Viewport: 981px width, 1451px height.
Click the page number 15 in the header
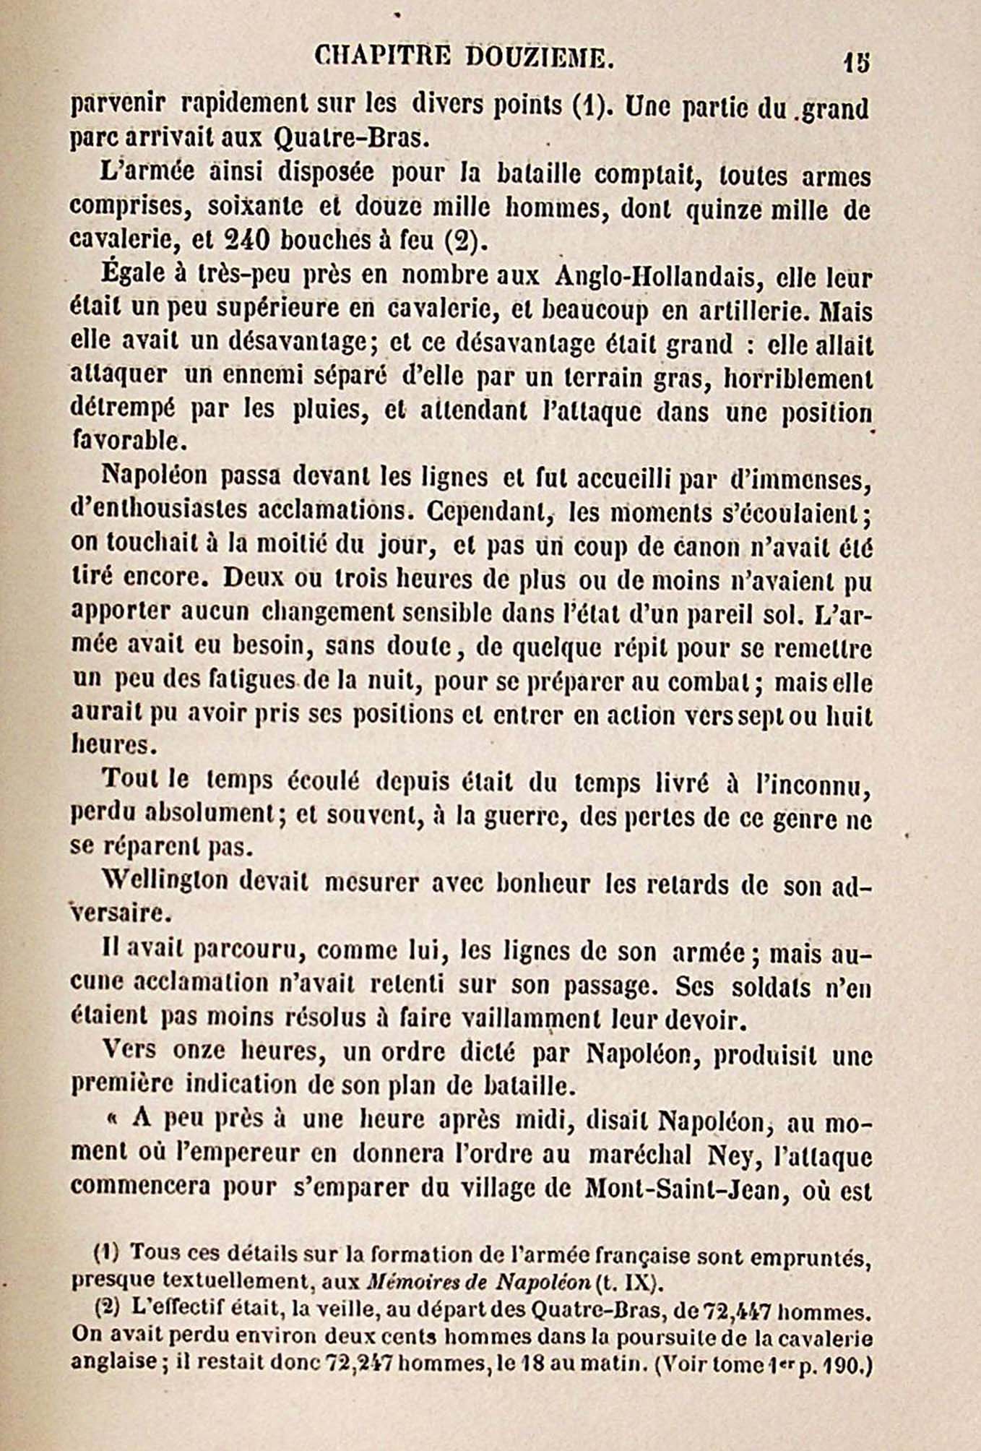point(857,62)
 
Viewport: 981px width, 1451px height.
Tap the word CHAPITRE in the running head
point(382,57)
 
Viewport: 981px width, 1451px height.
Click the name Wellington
point(165,882)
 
